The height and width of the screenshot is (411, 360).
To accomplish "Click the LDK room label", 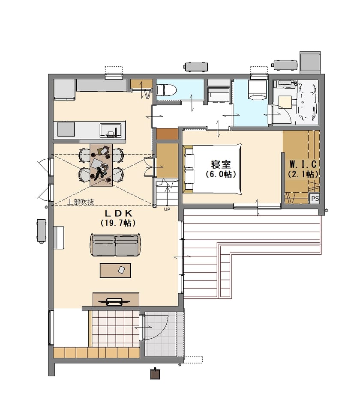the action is click(x=118, y=214).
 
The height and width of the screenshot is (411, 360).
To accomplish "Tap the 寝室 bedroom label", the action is click(x=221, y=164).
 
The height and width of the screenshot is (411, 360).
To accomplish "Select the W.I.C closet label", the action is click(x=303, y=164).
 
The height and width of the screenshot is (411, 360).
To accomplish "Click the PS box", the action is click(x=315, y=198).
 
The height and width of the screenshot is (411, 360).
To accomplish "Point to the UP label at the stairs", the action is click(x=167, y=209).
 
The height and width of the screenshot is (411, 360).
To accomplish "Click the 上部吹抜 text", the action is click(x=81, y=202).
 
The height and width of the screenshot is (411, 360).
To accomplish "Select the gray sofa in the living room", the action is click(x=115, y=245).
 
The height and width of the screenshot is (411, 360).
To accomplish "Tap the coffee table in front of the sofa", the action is click(x=115, y=270).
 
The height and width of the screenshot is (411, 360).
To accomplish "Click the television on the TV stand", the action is click(x=114, y=301).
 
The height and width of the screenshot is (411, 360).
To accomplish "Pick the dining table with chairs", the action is click(x=101, y=165).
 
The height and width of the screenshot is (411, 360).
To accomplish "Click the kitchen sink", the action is click(x=111, y=130).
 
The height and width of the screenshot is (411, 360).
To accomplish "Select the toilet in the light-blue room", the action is click(x=167, y=90).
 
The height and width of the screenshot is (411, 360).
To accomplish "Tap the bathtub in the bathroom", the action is click(x=307, y=102).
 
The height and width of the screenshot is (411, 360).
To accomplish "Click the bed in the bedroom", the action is click(x=212, y=169).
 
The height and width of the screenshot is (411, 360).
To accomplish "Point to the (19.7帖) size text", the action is click(x=118, y=223).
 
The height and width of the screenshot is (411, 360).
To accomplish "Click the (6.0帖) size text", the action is click(x=221, y=174).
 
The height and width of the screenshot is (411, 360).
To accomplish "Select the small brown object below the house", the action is click(x=155, y=373).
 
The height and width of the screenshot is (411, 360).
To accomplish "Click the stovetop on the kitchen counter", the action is click(x=66, y=129).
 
